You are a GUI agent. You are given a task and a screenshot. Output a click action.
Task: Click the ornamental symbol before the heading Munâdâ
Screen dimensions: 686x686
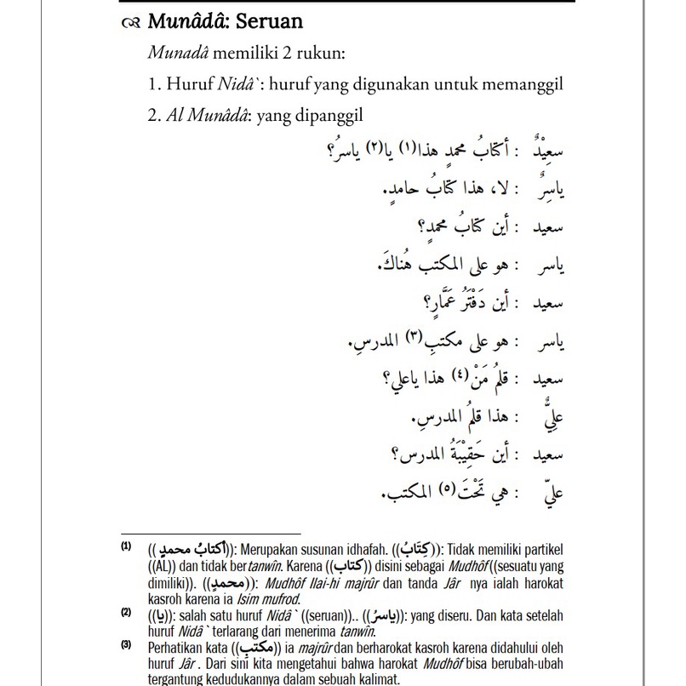(129, 22)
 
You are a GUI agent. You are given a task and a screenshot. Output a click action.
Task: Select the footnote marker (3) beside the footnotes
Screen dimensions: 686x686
(125, 646)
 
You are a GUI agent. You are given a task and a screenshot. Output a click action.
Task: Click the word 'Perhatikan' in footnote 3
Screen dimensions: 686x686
(174, 648)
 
